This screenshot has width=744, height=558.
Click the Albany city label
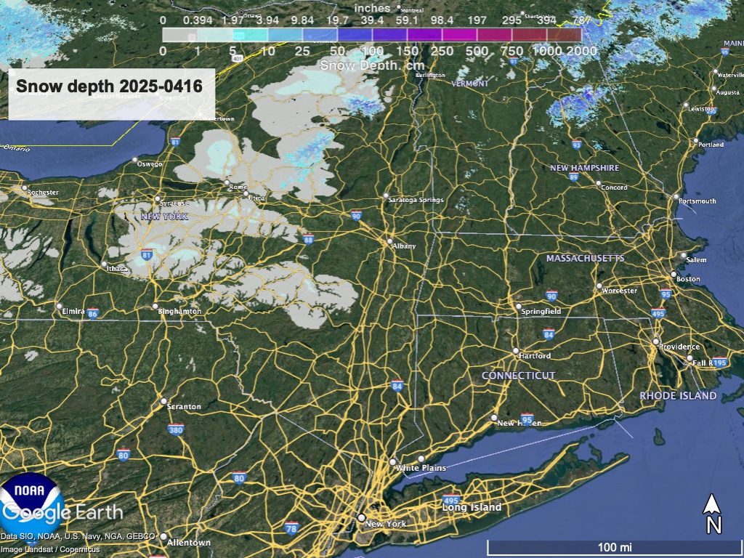pos(404,246)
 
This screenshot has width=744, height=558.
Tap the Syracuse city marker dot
pos(157,198)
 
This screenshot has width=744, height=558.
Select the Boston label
pos(688,279)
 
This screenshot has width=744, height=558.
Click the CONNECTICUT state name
pos(519,376)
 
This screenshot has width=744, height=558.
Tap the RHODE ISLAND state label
pos(678,396)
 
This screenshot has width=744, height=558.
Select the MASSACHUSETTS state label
pos(585,259)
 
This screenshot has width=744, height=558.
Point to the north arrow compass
pos(713,513)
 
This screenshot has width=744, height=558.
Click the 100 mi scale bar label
pos(614,546)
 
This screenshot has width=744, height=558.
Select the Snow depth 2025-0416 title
pos(109,86)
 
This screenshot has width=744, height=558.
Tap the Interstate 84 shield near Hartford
pos(549,334)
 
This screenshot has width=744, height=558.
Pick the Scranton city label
pos(184,407)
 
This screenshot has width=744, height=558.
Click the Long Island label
pos(472,507)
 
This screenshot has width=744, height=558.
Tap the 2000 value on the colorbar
pos(582,51)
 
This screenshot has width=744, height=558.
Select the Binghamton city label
pos(181,312)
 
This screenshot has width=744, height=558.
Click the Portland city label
pos(711,145)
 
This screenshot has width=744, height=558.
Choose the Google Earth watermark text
pos(62,512)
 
